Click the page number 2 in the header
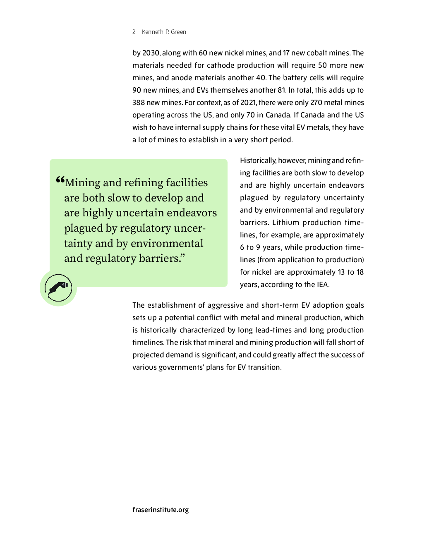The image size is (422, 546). coord(134,32)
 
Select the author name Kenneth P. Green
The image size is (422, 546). coord(164,32)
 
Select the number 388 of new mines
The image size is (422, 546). coord(139,103)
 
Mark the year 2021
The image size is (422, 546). coord(248,103)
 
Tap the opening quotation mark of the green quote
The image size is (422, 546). coord(60,180)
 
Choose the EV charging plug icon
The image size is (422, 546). coord(58,288)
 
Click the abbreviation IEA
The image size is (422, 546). coord(323,285)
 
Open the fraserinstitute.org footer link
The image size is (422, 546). coord(161,510)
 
